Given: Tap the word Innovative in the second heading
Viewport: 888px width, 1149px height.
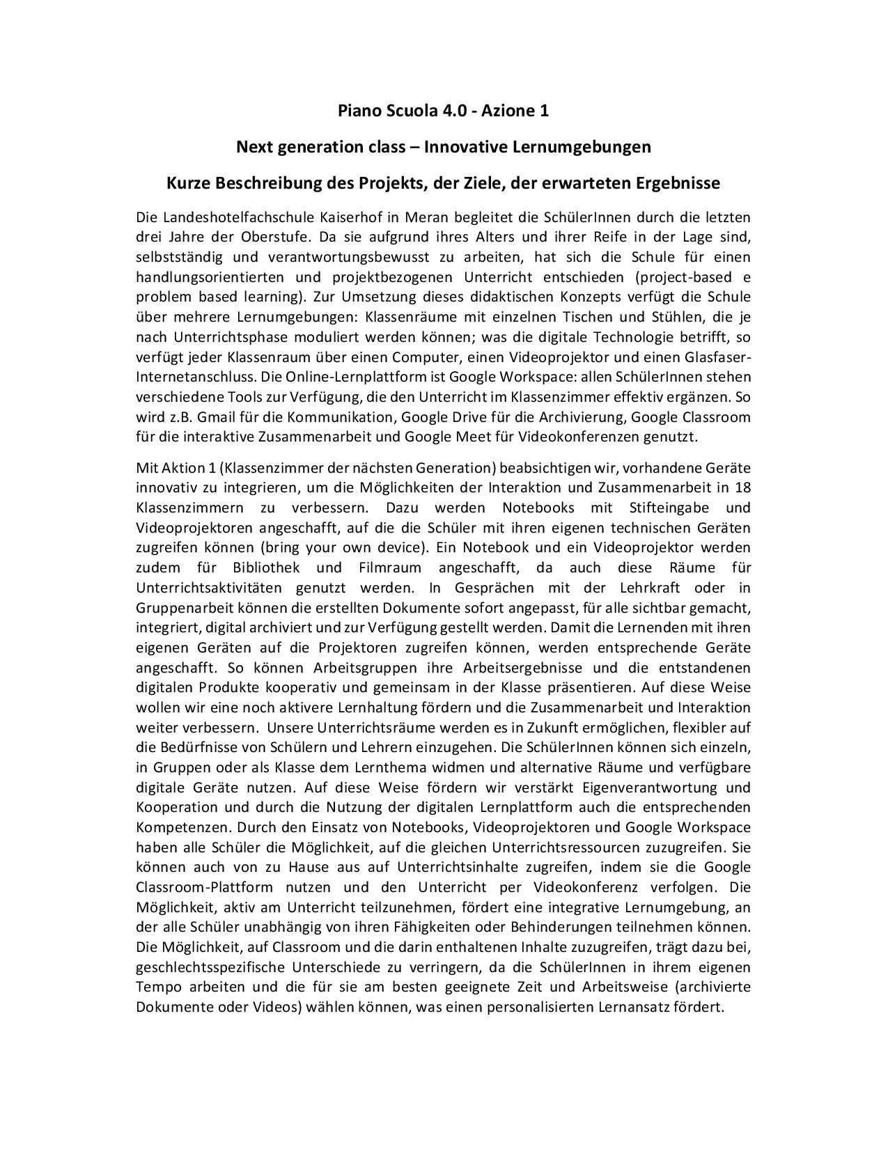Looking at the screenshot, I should click(466, 147).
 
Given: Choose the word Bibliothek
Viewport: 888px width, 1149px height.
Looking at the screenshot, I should click(267, 568).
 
